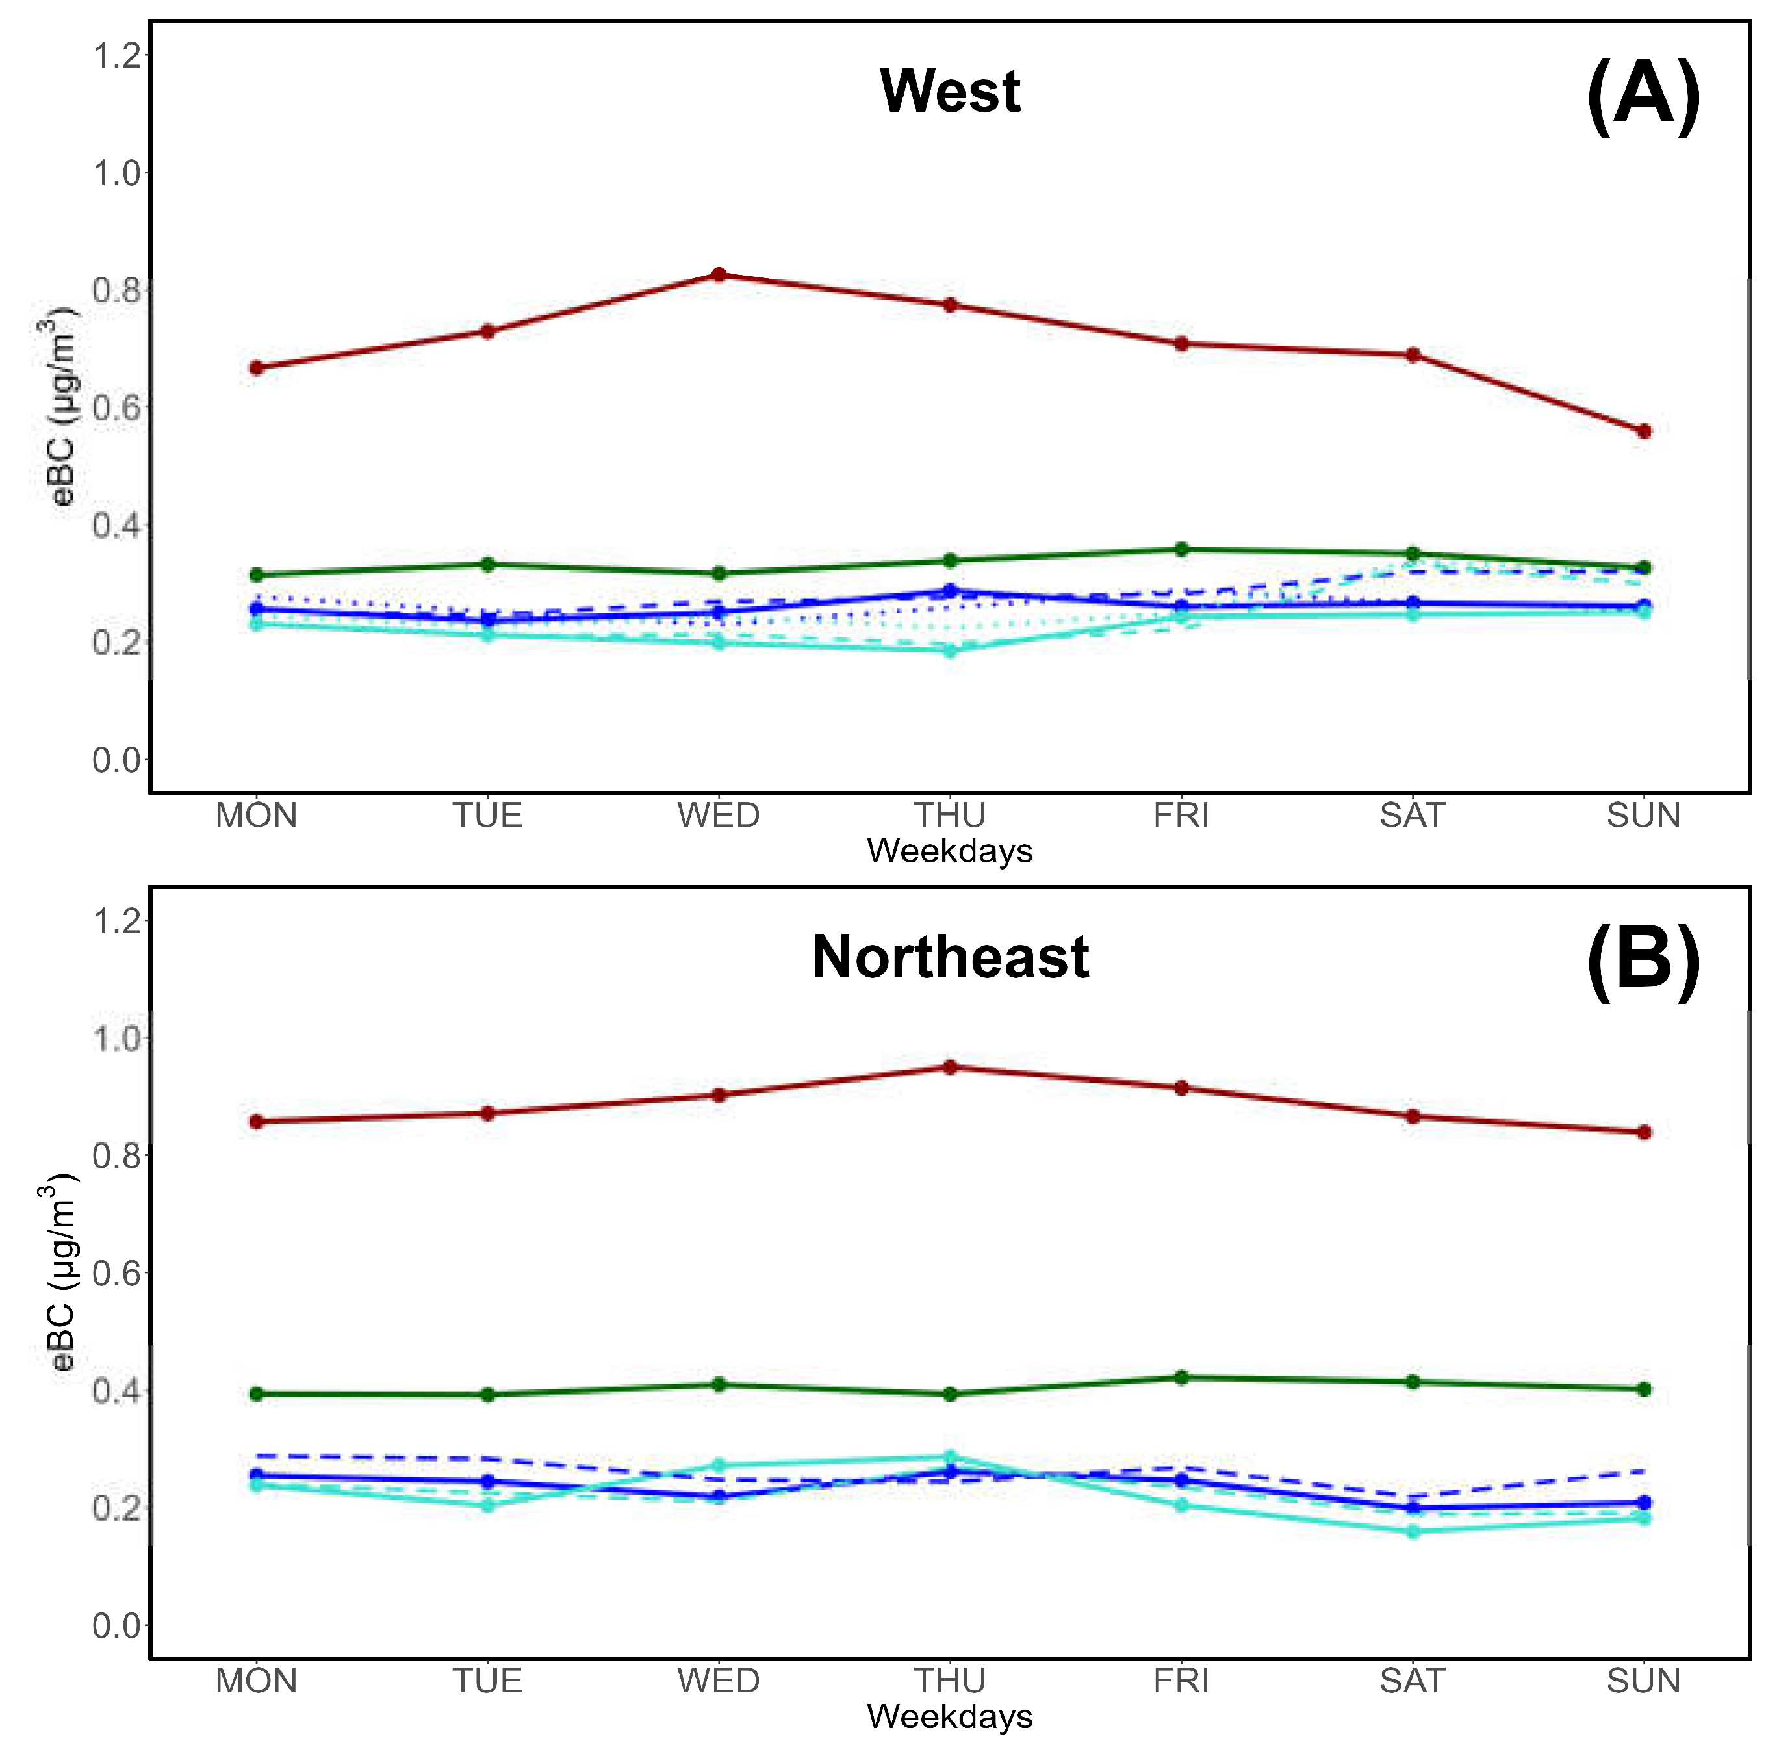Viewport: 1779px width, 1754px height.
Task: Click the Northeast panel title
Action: pyautogui.click(x=951, y=957)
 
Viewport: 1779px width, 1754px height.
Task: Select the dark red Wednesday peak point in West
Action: pyautogui.click(x=719, y=274)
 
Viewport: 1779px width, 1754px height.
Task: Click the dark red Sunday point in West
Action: pyautogui.click(x=1644, y=431)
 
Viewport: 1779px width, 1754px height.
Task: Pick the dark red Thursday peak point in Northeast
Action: pyautogui.click(x=951, y=1068)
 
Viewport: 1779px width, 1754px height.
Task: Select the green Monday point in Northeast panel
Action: pyautogui.click(x=257, y=1395)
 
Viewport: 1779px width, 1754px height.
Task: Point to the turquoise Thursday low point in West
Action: pyautogui.click(x=951, y=651)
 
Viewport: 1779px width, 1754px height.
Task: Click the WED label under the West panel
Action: pyautogui.click(x=719, y=816)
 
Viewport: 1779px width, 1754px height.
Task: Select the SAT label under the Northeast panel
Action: pyautogui.click(x=1413, y=1682)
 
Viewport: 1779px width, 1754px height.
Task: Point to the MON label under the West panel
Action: pyautogui.click(x=257, y=816)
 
